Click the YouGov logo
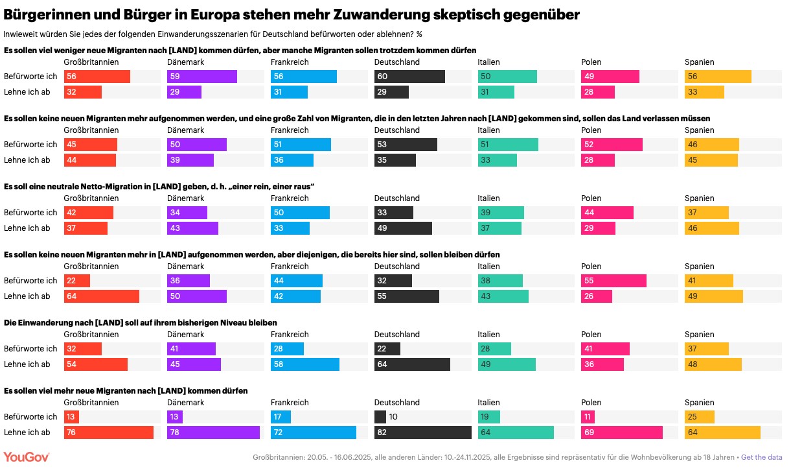tap(27, 457)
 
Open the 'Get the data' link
tap(761, 457)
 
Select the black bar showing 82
tap(422, 433)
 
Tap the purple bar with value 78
tap(213, 433)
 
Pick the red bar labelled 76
tap(109, 433)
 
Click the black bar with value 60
tap(409, 77)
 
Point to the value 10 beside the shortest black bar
tap(393, 417)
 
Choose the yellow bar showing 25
tap(700, 417)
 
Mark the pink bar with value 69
tap(622, 433)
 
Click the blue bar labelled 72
tap(314, 433)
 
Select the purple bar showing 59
tap(202, 77)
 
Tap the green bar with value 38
tap(500, 281)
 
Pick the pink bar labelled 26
tap(597, 296)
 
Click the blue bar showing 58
tap(305, 364)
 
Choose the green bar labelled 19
tap(489, 417)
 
